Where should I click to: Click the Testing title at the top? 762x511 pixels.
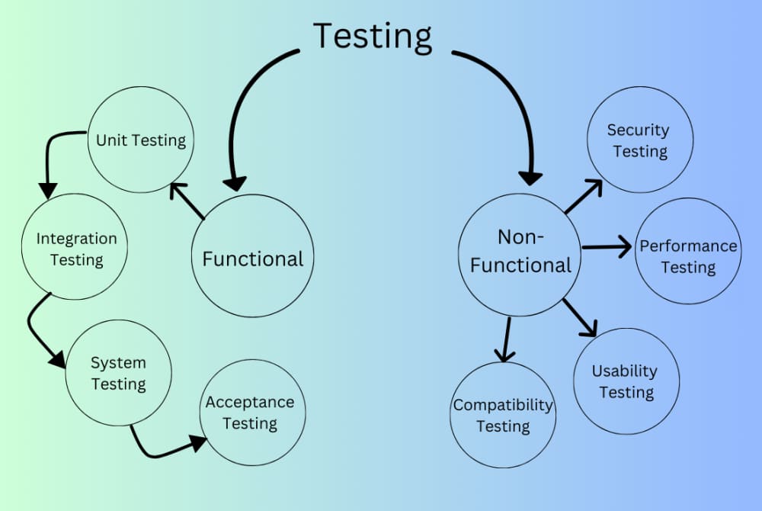click(373, 36)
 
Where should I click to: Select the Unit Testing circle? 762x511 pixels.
click(140, 140)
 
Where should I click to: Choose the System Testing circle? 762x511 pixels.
click(118, 372)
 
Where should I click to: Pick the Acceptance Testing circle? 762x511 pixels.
click(251, 413)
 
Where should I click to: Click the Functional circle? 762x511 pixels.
click(252, 258)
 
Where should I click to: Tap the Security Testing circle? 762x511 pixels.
click(639, 140)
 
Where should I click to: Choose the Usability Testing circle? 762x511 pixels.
click(626, 381)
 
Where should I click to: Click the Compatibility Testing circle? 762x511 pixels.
click(503, 414)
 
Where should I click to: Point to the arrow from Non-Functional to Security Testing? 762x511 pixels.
click(583, 197)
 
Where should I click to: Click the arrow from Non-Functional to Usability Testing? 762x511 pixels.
click(580, 317)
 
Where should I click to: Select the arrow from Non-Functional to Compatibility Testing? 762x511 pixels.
click(504, 340)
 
